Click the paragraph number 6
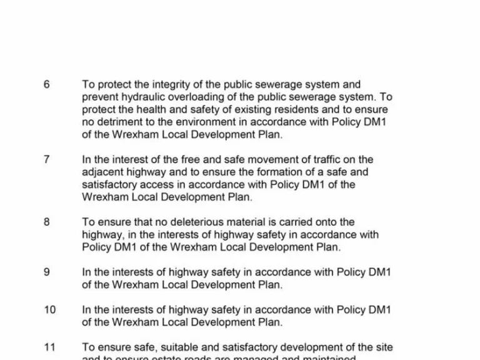pyautogui.click(x=47, y=84)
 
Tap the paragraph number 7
pyautogui.click(x=47, y=159)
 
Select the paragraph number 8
pyautogui.click(x=47, y=222)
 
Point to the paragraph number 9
pyautogui.click(x=47, y=272)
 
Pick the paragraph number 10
pyautogui.click(x=50, y=309)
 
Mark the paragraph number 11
pyautogui.click(x=50, y=347)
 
